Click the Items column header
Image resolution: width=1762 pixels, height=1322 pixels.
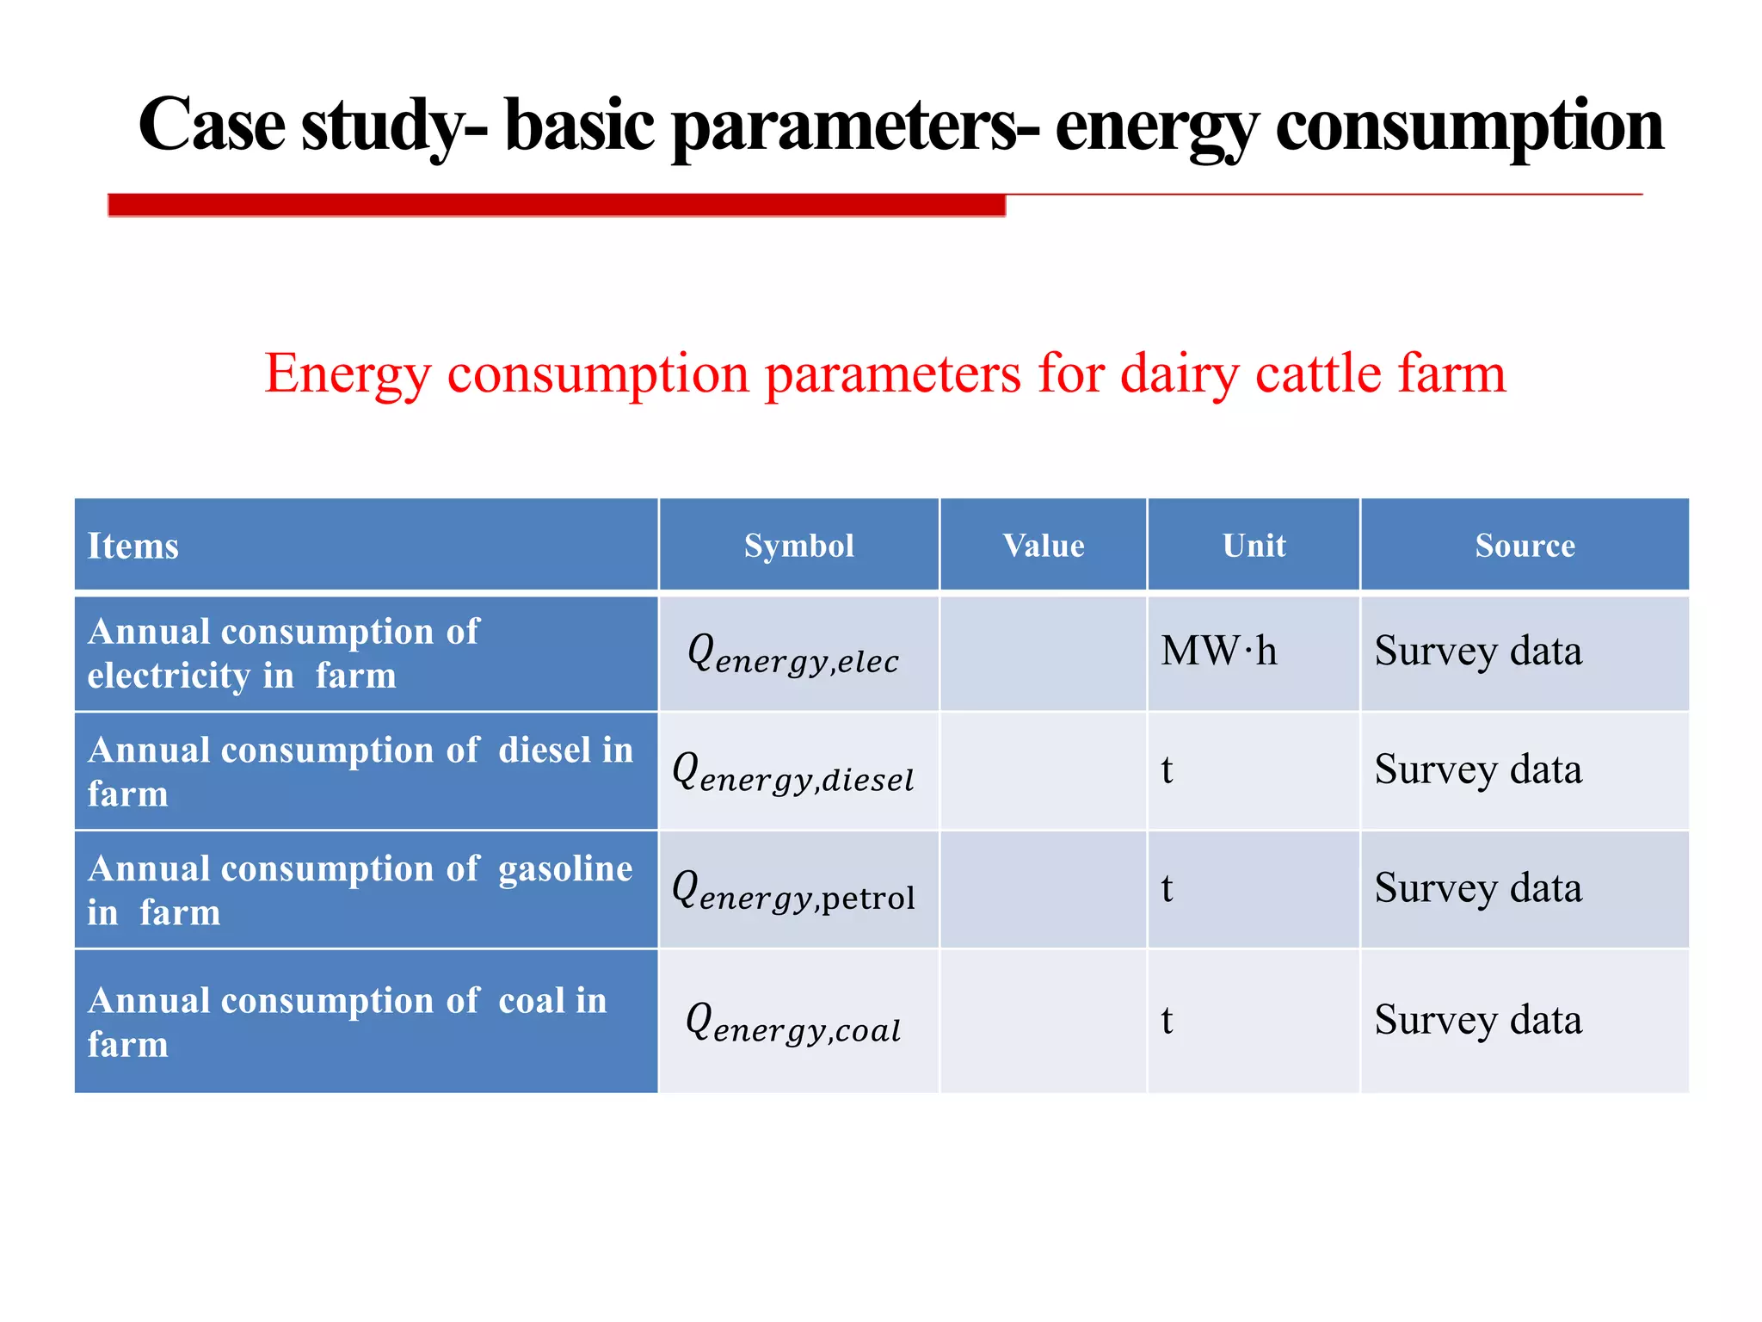pyautogui.click(x=133, y=546)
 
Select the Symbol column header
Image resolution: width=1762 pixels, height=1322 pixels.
pyautogui.click(x=798, y=546)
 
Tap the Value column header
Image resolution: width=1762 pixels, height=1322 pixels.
pyautogui.click(x=1043, y=546)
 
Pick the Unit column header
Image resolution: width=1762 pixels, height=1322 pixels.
pyautogui.click(x=1254, y=546)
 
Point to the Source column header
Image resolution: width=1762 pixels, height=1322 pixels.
pyautogui.click(x=1525, y=546)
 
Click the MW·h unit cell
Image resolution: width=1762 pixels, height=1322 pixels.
pyautogui.click(x=1218, y=651)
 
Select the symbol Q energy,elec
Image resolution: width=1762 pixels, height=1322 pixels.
pyautogui.click(x=793, y=654)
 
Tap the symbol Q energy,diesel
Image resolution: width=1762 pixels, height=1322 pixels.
pyautogui.click(x=793, y=772)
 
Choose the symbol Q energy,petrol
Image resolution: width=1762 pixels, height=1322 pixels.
pyautogui.click(x=793, y=891)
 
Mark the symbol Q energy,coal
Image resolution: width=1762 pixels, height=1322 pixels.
pyautogui.click(x=793, y=1022)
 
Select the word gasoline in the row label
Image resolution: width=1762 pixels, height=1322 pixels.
pyautogui.click(x=565, y=869)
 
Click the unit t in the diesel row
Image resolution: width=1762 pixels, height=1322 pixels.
pyautogui.click(x=1167, y=769)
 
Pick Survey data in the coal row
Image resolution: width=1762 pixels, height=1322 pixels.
pyautogui.click(x=1477, y=1020)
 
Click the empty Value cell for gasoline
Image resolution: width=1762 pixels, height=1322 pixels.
pyautogui.click(x=1043, y=889)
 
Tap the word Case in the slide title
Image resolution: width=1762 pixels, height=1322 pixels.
pyautogui.click(x=212, y=126)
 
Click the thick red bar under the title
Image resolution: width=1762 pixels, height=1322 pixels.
pyautogui.click(x=556, y=205)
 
